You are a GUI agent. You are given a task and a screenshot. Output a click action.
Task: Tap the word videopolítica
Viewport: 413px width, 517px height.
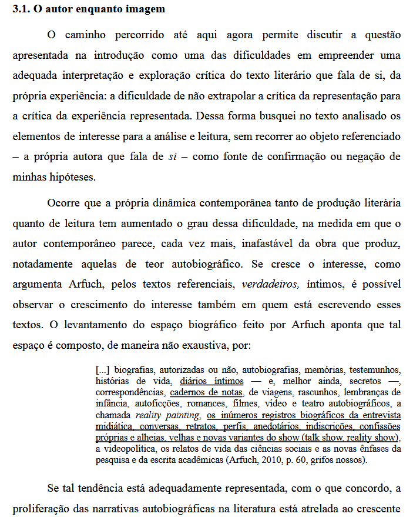pos(131,449)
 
